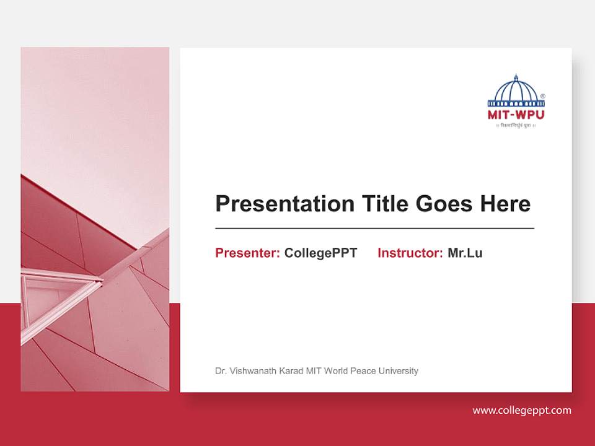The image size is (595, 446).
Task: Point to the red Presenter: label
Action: [x=247, y=253]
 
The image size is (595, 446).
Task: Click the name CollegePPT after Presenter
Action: [x=320, y=253]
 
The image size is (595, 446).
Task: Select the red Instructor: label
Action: [x=410, y=253]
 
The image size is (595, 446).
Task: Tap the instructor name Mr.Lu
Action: [x=465, y=253]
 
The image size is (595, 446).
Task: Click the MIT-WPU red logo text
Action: [x=516, y=115]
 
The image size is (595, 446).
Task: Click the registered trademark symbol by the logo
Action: [x=543, y=97]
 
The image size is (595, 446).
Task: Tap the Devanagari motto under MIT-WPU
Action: [x=516, y=125]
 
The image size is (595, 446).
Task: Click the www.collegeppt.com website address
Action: [x=522, y=410]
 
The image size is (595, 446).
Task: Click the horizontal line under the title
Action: [x=374, y=229]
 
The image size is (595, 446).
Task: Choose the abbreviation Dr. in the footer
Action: [x=221, y=371]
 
